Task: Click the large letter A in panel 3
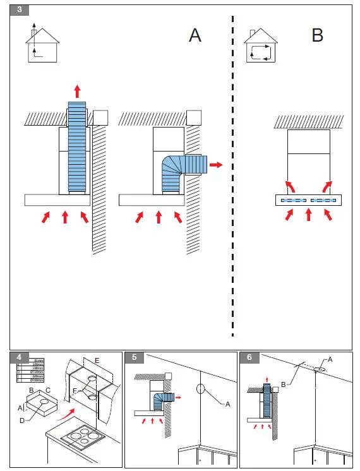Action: (195, 35)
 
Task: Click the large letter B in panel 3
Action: (317, 35)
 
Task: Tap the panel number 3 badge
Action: (19, 11)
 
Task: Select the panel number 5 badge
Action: (134, 357)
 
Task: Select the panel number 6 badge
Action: (249, 357)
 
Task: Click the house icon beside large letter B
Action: (261, 46)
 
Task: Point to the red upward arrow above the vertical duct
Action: (77, 90)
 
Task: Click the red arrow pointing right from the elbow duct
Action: (216, 165)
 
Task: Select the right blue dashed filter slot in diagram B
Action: (324, 200)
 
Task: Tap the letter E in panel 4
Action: (97, 361)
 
